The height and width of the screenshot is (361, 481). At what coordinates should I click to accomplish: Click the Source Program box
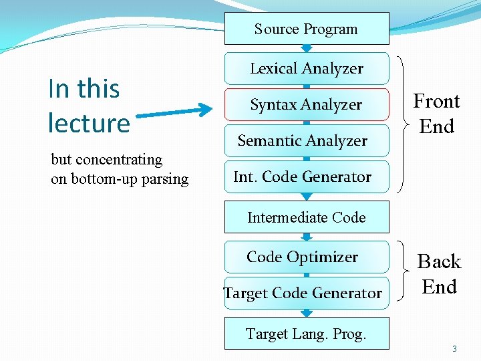click(306, 29)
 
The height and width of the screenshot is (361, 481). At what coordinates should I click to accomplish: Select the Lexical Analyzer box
click(306, 68)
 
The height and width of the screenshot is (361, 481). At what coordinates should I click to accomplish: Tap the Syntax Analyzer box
click(306, 104)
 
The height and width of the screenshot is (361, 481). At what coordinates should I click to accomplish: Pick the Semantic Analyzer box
click(306, 140)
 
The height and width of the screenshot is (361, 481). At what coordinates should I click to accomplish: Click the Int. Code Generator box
click(306, 176)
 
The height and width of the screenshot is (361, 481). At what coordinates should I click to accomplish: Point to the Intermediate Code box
click(306, 217)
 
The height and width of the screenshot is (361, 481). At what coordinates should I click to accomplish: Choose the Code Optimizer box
click(306, 257)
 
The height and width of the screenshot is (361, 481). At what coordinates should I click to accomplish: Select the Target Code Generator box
click(306, 293)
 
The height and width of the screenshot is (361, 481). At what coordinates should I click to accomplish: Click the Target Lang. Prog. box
click(306, 333)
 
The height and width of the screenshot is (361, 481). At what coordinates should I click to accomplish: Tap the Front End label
click(436, 114)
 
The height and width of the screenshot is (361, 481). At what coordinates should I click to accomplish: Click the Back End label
click(439, 273)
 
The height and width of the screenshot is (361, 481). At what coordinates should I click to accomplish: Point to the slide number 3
click(454, 348)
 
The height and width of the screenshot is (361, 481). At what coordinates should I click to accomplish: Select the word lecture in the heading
click(89, 124)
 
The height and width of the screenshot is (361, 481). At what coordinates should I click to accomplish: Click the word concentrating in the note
click(120, 159)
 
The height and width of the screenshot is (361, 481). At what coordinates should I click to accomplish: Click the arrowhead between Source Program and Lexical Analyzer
click(306, 48)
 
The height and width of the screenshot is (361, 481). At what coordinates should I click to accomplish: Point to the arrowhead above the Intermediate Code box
click(306, 197)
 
